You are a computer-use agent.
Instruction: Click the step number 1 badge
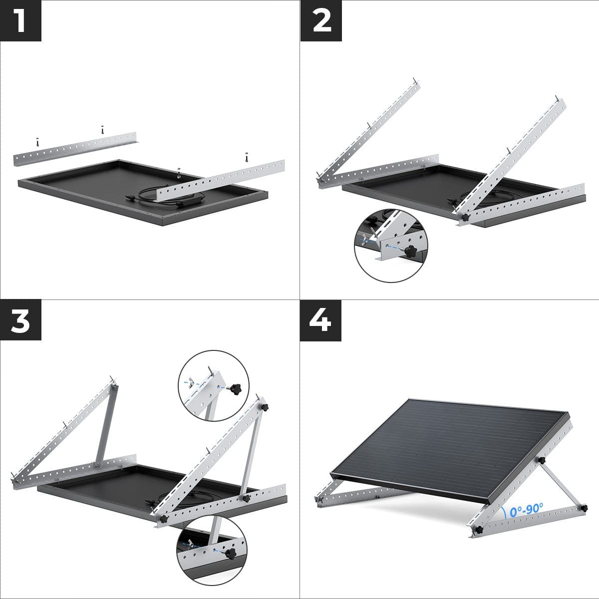pos(20,20)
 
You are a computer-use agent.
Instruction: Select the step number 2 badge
pos(321,20)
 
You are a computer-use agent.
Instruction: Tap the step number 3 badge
pos(20,321)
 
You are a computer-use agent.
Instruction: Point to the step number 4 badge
pos(321,321)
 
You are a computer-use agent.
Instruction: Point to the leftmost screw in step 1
pos(36,142)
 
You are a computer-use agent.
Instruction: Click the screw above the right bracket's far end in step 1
pos(246,156)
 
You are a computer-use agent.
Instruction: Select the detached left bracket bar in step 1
pos(75,149)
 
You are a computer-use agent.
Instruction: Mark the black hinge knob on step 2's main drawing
pos(464,218)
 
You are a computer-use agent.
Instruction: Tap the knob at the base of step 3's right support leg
pos(246,498)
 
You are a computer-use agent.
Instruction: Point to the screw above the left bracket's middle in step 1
pos(102,129)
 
